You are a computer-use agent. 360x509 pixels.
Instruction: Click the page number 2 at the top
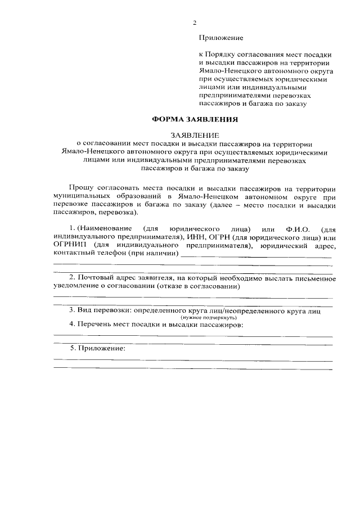(195, 23)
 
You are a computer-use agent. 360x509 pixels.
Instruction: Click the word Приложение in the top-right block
(221, 38)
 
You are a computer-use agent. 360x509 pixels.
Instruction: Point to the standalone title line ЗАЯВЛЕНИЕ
(194, 136)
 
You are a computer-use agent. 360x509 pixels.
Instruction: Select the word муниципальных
(81, 197)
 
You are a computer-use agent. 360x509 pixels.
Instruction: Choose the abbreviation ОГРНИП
(68, 246)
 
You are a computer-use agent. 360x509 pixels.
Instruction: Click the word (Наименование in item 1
(104, 229)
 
